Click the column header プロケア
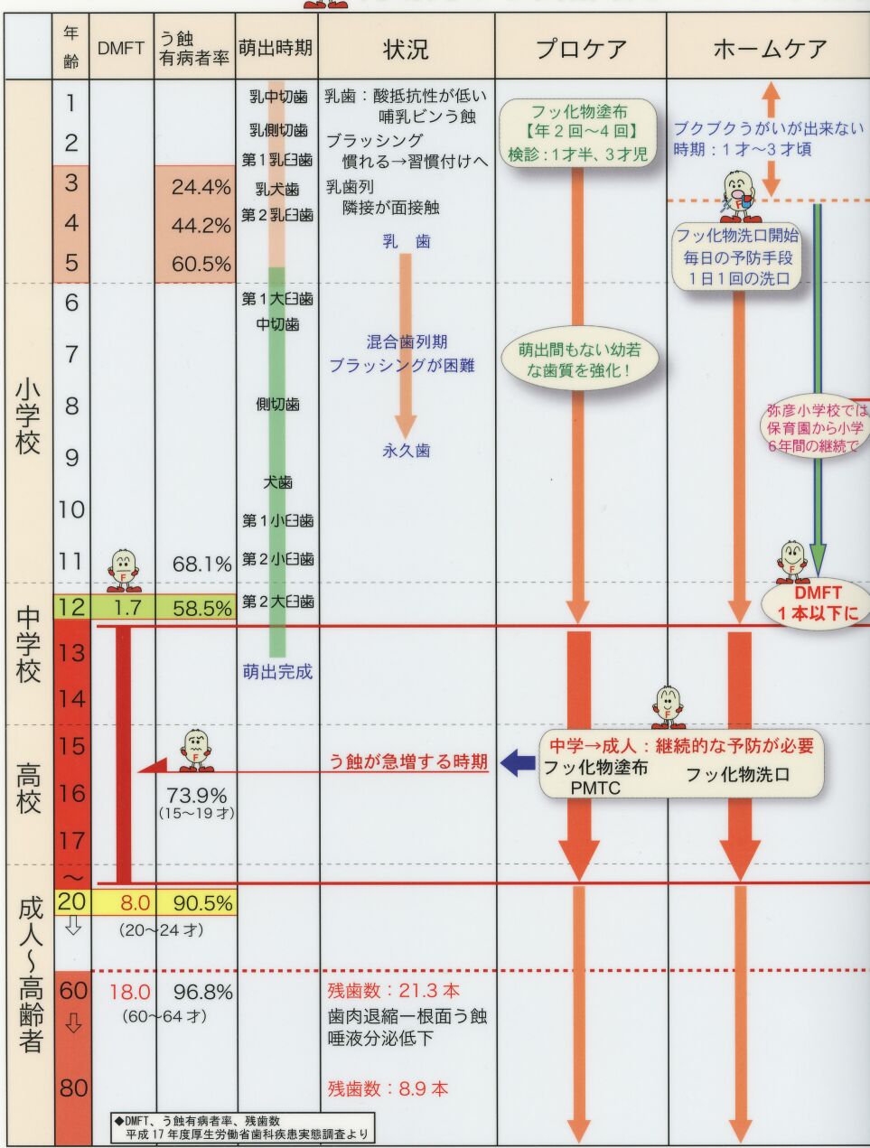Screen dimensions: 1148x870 (581, 49)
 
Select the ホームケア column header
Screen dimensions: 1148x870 (769, 49)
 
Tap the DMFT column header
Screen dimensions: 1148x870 (121, 49)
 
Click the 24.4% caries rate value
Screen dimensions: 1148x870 (201, 188)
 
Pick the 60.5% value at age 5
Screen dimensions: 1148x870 (201, 265)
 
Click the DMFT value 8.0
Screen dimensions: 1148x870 (135, 903)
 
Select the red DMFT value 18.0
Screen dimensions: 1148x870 (130, 992)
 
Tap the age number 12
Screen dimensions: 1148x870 (71, 607)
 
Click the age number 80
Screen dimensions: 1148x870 (73, 1087)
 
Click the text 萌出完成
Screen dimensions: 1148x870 (277, 672)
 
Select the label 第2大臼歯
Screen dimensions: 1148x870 (277, 602)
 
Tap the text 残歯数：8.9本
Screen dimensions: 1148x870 (388, 1088)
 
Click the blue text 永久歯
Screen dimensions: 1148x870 (406, 450)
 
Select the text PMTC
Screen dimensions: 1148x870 (594, 788)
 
